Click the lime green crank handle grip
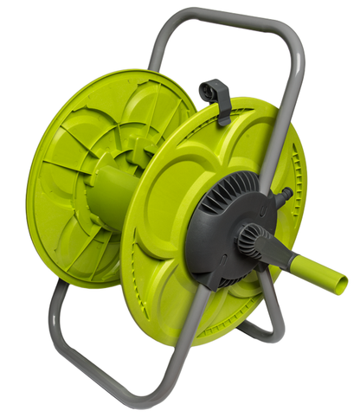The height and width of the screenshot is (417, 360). (320, 272)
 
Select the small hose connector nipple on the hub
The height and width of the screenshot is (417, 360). (282, 196)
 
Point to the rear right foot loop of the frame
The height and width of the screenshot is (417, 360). (260, 333)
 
